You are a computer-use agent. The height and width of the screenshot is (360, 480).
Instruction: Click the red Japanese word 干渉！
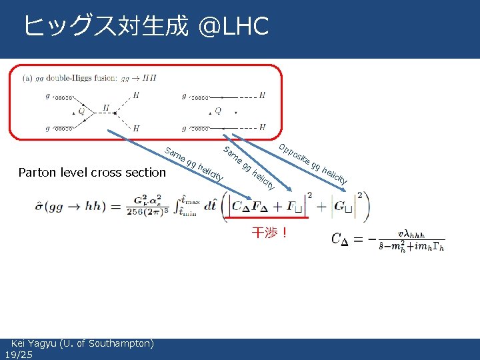tap(269, 233)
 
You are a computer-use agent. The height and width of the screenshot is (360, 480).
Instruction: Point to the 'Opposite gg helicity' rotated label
tap(313, 164)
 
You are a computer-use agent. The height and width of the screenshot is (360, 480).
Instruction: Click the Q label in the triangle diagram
tap(81, 112)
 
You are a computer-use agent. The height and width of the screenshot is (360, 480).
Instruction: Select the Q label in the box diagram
tap(218, 111)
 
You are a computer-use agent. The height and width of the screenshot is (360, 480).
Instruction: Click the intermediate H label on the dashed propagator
tap(105, 107)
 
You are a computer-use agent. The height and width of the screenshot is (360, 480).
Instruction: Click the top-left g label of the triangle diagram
tap(47, 96)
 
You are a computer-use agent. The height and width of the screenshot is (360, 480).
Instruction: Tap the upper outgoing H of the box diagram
tap(262, 95)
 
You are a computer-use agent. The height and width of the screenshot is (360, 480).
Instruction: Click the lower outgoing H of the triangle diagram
tap(136, 127)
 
